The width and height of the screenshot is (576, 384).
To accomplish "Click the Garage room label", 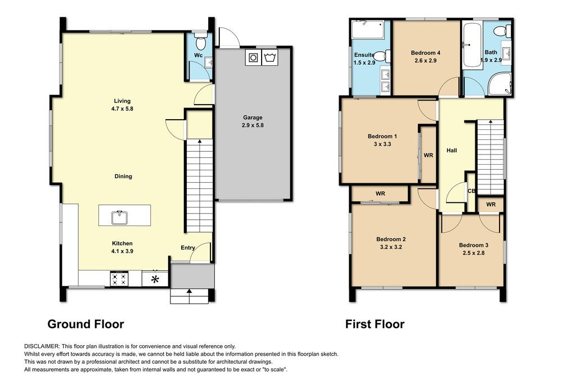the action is point(253,118).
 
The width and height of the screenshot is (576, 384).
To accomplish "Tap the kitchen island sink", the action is point(119,217).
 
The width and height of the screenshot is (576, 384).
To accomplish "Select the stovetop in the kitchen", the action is point(119,278).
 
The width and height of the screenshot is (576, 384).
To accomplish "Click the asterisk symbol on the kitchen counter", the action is point(155,279).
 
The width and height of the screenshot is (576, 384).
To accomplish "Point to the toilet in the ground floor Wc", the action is point(201,43).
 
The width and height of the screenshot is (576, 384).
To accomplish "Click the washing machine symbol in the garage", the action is point(253,58).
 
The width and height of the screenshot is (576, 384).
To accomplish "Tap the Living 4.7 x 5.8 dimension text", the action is point(122,109).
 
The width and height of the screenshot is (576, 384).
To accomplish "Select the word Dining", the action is point(123,176).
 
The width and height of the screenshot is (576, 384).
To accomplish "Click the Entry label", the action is point(188,248).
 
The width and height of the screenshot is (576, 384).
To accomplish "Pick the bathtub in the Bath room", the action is point(472,45).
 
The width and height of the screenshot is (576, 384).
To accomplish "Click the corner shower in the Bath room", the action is point(499,84).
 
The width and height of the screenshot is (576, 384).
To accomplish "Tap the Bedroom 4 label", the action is point(425,53).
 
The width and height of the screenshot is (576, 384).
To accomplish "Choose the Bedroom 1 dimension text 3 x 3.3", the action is point(382,144).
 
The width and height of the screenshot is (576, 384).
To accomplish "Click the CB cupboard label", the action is point(472,191).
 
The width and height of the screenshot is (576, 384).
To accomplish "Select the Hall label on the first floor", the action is point(452,150).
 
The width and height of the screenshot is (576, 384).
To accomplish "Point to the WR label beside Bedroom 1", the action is point(428,155).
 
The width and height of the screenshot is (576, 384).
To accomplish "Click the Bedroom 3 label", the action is point(474,245).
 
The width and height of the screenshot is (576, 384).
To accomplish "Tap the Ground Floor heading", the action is point(85,324).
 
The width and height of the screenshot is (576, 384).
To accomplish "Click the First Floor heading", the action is point(375,324).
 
